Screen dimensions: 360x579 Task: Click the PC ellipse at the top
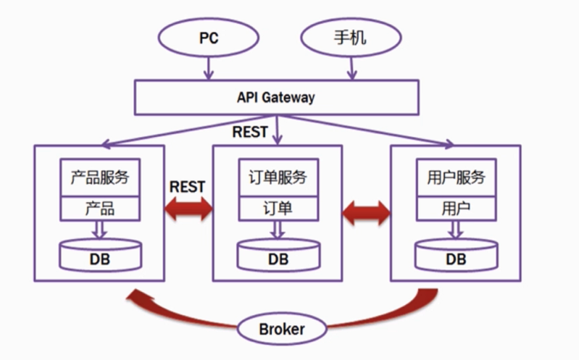(209, 38)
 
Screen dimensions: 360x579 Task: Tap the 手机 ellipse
(350, 38)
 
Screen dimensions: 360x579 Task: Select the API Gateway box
(276, 97)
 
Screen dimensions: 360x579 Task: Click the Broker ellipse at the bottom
(282, 329)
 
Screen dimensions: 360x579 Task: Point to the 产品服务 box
(100, 177)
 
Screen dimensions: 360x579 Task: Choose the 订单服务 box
(278, 177)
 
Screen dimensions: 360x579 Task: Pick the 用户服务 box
(456, 177)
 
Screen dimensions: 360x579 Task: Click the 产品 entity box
(100, 209)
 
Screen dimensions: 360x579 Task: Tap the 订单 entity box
(278, 209)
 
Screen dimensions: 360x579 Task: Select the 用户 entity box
(456, 209)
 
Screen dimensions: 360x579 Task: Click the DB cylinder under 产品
(100, 255)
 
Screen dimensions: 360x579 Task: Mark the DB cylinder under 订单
(278, 255)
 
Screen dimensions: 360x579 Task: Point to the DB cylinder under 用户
(456, 255)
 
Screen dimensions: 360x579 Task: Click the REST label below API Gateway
(249, 132)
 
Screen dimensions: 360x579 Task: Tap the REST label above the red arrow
(187, 186)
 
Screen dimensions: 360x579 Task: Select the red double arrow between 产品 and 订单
(188, 210)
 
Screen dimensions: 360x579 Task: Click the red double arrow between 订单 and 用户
(366, 211)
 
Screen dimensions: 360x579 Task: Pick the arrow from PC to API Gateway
(209, 69)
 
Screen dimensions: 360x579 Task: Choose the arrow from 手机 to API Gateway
(352, 69)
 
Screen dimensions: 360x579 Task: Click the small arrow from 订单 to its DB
(278, 230)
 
